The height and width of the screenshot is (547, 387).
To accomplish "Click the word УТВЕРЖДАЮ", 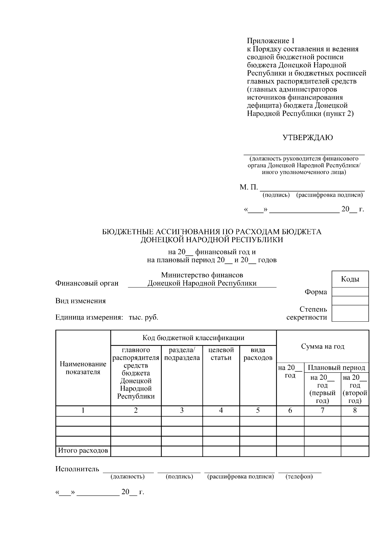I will (308, 138).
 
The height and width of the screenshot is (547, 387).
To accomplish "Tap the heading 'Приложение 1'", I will (271, 41).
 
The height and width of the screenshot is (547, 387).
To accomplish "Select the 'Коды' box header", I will (350, 279).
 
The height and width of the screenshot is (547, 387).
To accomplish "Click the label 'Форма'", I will (316, 292).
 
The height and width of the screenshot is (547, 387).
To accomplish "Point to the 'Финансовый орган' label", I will (87, 283).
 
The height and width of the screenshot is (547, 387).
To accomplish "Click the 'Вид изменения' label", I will (81, 301).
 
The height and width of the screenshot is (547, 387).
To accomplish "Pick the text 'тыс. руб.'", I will (144, 317).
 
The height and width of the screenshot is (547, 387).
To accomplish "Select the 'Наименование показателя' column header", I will (83, 368).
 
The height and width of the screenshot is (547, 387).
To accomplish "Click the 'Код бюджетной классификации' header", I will (193, 338).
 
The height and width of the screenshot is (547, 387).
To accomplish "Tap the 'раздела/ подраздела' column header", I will (182, 354).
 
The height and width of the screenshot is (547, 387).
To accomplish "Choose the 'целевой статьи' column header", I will (221, 354).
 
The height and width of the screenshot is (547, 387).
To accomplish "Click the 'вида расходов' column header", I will (258, 354).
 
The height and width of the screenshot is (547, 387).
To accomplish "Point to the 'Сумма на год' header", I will (322, 347).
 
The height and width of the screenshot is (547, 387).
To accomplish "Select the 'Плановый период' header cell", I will (336, 368).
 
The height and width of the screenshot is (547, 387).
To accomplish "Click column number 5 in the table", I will (258, 411).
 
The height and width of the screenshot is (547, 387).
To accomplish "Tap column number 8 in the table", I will (355, 411).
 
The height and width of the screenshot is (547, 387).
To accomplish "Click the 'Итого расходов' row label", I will (83, 451).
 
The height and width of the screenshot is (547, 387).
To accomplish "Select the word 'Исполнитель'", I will (77, 469).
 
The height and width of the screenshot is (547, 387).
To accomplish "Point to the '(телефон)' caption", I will (299, 477).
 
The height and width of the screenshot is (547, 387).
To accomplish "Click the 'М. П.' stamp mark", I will (249, 187).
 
